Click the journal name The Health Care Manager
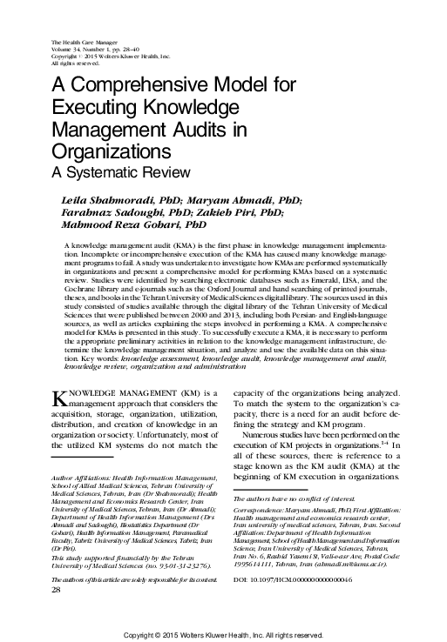point(85,43)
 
